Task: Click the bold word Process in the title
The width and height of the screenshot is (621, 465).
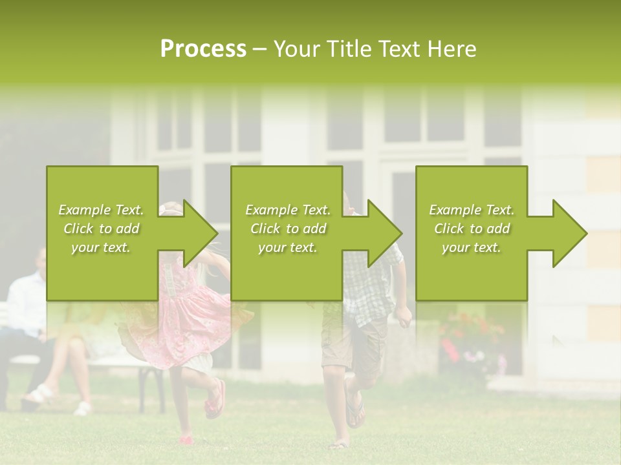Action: click(x=203, y=49)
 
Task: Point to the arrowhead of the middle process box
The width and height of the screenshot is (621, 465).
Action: click(x=384, y=233)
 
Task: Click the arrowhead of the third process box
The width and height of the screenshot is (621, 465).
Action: click(x=569, y=233)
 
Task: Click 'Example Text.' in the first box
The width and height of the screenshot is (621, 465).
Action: click(x=101, y=210)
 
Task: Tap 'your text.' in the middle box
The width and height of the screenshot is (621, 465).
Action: click(x=288, y=247)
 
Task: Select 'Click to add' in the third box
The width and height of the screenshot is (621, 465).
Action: click(x=472, y=229)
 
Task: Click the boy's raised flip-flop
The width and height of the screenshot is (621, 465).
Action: click(x=354, y=407)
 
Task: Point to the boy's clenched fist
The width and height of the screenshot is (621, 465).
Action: click(x=404, y=315)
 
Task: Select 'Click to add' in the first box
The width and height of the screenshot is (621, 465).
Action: click(x=101, y=229)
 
